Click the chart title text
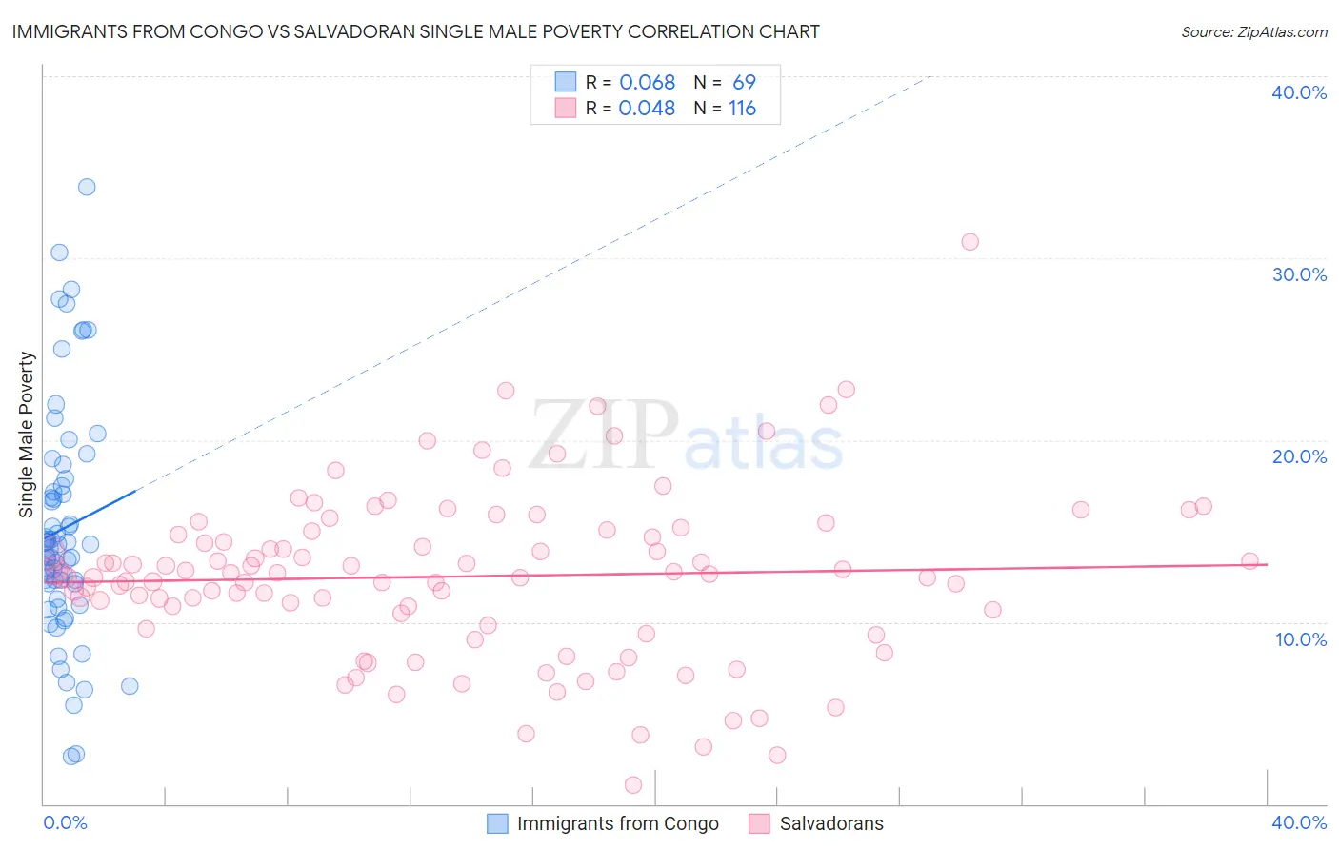tap(415, 31)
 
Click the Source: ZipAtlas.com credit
tap(1253, 31)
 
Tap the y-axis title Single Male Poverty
tap(27, 435)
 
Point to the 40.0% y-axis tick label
tap(1299, 92)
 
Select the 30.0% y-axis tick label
tap(1299, 274)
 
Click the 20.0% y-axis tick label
tap(1299, 456)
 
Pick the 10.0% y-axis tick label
tap(1301, 639)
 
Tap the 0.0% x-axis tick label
tap(65, 822)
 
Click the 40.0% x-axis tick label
tap(1299, 822)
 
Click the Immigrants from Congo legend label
tap(617, 823)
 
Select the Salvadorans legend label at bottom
tap(830, 823)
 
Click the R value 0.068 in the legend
tap(647, 83)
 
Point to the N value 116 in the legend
tap(742, 109)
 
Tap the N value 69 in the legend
tap(744, 83)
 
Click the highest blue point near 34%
tap(87, 187)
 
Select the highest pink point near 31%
tap(969, 241)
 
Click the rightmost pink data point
tap(1249, 561)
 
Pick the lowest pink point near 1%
tap(633, 784)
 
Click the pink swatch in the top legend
tap(566, 108)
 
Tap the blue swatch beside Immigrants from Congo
tap(497, 823)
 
